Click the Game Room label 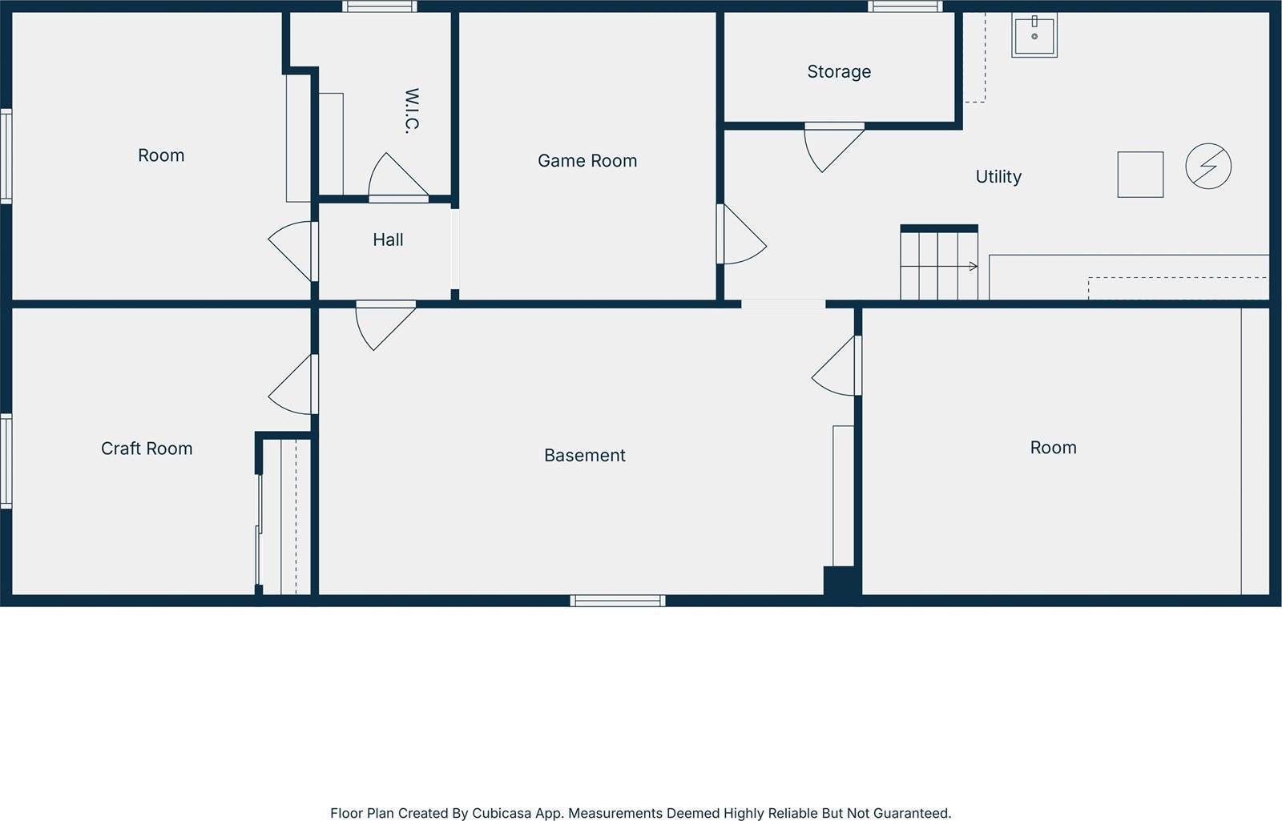[x=587, y=161]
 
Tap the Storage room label [x=839, y=72]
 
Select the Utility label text [x=998, y=177]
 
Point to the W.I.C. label [x=412, y=111]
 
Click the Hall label [x=388, y=239]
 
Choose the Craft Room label [x=147, y=449]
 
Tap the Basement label [x=585, y=456]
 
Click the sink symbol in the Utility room [x=1034, y=35]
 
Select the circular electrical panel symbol [x=1208, y=167]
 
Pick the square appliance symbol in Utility [x=1140, y=175]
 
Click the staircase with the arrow [x=938, y=265]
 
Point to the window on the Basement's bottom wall [x=618, y=601]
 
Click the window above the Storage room [x=905, y=6]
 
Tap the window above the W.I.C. [x=380, y=6]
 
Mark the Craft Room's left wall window [x=6, y=461]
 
